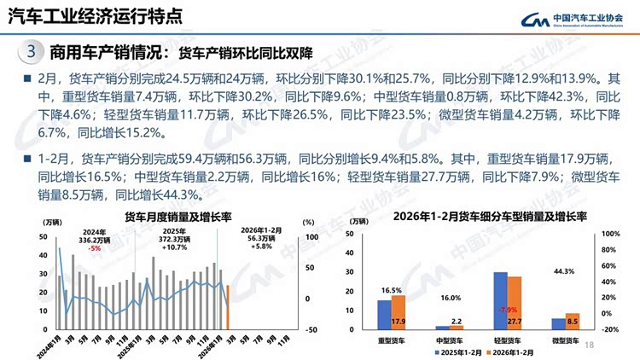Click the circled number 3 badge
pyautogui.click(x=31, y=52)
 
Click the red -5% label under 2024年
pyautogui.click(x=95, y=248)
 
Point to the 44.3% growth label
pyautogui.click(x=564, y=271)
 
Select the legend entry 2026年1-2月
pyautogui.click(x=511, y=351)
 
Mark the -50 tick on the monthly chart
pyautogui.click(x=312, y=329)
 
